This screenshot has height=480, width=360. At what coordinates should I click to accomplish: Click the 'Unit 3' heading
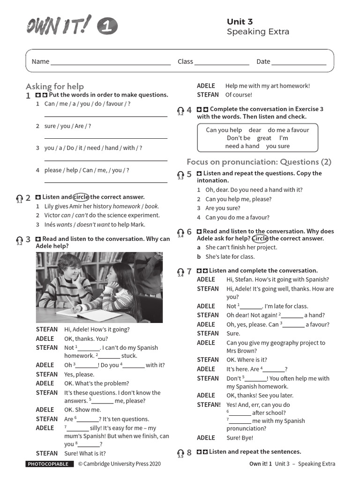tap(240, 22)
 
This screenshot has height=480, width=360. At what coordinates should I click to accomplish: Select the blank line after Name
tap(111, 62)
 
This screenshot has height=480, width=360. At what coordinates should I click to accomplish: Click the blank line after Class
tap(222, 62)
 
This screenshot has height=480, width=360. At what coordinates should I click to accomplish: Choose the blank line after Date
tap(299, 62)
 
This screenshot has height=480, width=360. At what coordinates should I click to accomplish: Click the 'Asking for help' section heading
tap(55, 86)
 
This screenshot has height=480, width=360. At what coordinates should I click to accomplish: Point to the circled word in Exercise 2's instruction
tap(81, 197)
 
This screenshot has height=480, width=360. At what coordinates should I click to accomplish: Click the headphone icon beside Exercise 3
tap(19, 240)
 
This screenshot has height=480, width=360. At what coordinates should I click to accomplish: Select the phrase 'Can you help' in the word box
tap(224, 130)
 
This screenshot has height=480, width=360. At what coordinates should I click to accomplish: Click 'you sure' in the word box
tap(278, 146)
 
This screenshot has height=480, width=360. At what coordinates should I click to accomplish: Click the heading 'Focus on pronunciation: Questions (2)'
tap(259, 162)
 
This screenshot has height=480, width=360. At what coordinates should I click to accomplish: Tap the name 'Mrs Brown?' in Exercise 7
tap(241, 351)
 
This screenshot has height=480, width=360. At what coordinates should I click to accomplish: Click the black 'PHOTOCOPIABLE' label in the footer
tap(48, 464)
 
